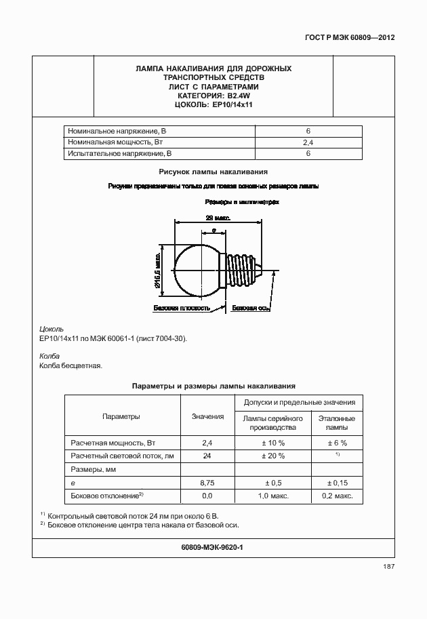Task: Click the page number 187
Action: pyautogui.click(x=388, y=567)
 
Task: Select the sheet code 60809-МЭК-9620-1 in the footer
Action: pyautogui.click(x=213, y=546)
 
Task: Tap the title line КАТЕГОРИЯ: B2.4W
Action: pyautogui.click(x=213, y=96)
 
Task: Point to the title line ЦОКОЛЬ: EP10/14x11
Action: pyautogui.click(x=213, y=105)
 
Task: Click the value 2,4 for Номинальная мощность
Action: pyautogui.click(x=308, y=142)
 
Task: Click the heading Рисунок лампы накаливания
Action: pyautogui.click(x=213, y=172)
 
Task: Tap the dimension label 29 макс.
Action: pyautogui.click(x=218, y=218)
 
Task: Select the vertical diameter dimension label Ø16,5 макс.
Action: pyautogui.click(x=158, y=270)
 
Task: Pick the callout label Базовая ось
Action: pyautogui.click(x=251, y=308)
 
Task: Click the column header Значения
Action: pyautogui.click(x=207, y=416)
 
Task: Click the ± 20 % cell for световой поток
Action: pyautogui.click(x=272, y=456)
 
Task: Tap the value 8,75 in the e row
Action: pyautogui.click(x=207, y=483)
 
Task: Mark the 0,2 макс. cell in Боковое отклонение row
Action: pyautogui.click(x=336, y=496)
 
